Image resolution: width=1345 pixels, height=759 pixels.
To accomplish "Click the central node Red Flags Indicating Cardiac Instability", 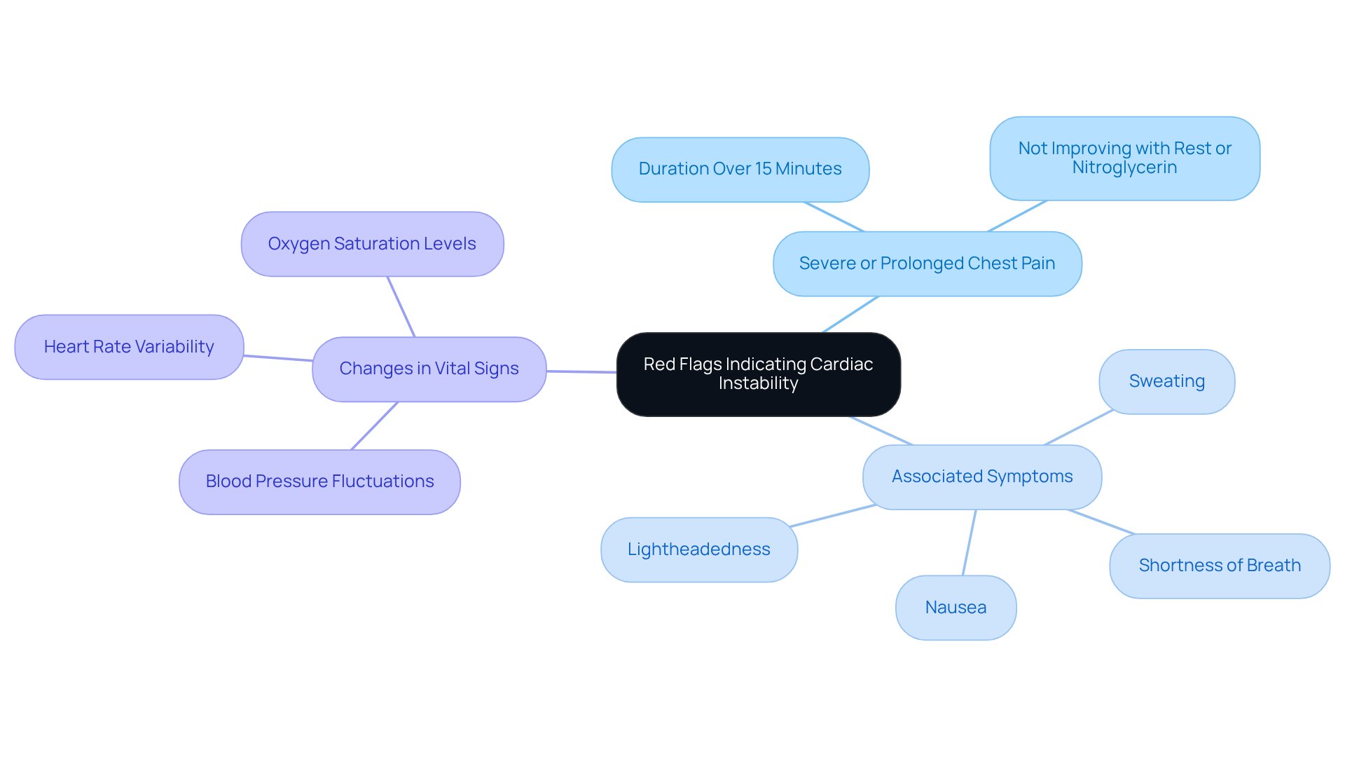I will tap(758, 374).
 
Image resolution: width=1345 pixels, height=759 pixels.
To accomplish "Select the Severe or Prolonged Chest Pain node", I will tap(927, 264).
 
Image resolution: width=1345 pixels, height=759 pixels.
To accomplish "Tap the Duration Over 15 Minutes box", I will tap(740, 170).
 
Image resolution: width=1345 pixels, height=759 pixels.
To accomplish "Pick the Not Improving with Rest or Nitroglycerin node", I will tap(1124, 158).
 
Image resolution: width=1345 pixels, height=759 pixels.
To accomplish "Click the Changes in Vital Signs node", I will tap(429, 369).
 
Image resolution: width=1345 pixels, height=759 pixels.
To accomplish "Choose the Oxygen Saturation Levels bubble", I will tap(372, 244).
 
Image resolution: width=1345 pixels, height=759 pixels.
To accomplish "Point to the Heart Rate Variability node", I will tap(129, 347).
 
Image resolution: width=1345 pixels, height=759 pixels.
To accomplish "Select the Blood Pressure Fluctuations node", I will tap(319, 481).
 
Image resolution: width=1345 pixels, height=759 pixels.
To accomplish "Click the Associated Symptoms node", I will tap(981, 477).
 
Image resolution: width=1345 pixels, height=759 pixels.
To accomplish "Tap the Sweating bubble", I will tap(1166, 381).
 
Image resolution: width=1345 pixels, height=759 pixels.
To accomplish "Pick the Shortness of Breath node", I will tap(1219, 566).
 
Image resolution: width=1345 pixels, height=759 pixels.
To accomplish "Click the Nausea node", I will tap(956, 608).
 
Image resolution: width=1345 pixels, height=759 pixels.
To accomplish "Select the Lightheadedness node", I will tap(698, 549).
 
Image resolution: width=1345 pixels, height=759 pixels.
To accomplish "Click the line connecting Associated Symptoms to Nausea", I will tap(970, 542).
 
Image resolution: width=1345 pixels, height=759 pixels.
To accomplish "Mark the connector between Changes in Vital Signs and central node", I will tap(581, 371).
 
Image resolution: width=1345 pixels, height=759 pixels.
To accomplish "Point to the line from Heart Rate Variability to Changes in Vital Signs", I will tap(278, 358).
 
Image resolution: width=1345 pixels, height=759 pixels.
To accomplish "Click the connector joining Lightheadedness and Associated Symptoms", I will tap(832, 515).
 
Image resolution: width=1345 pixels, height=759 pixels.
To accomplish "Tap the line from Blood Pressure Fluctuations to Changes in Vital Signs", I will tap(374, 426).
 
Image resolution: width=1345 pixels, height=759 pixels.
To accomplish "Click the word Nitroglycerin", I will tap(1124, 167).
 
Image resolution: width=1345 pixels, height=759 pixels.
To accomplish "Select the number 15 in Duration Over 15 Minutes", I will tap(763, 169).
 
